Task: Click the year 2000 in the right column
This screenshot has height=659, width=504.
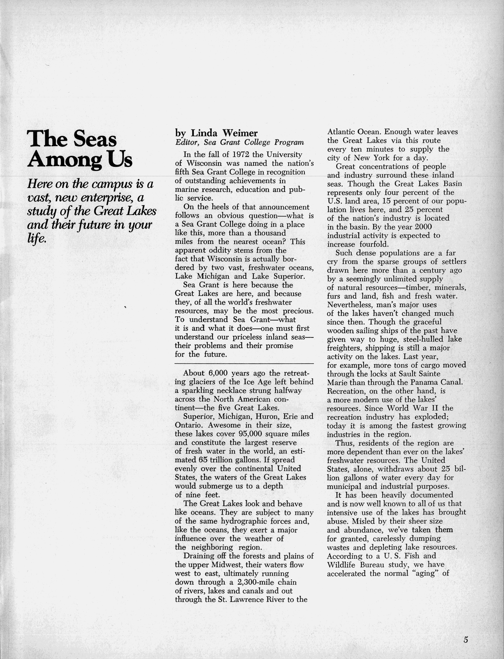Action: point(423,227)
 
